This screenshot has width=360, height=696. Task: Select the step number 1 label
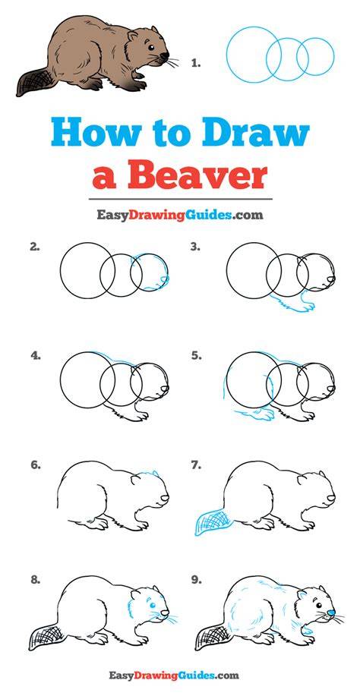coord(196,64)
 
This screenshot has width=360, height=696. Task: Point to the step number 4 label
coord(36,355)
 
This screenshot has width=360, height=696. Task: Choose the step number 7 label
coord(196,465)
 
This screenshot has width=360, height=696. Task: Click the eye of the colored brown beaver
coord(151,48)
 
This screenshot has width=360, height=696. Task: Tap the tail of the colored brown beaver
coord(33,83)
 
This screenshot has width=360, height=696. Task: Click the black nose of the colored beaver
coord(165,56)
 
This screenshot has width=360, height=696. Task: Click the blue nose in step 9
coord(330,613)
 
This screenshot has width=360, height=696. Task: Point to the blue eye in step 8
coord(152,605)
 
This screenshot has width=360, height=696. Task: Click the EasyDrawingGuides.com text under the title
coord(180,216)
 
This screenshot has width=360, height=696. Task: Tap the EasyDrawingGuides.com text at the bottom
coord(174,676)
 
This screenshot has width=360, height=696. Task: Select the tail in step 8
coord(46,637)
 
